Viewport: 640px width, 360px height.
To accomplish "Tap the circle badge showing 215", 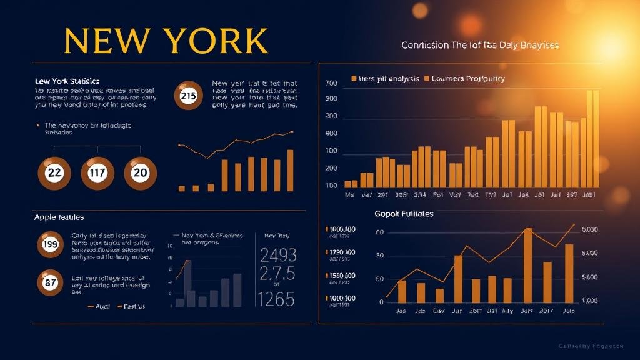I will point(188,96).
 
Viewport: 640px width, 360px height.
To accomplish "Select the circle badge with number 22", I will point(54,172).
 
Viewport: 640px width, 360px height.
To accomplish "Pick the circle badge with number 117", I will point(97,172).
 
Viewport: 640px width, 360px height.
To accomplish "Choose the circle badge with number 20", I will point(140,172).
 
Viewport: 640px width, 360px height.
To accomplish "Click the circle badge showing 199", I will point(50,245).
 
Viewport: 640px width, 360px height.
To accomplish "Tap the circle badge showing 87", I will point(50,282).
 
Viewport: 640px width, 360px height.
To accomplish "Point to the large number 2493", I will point(277,255).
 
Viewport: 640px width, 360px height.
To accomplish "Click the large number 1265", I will point(276,300).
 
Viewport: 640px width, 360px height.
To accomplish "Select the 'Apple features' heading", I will point(59,217).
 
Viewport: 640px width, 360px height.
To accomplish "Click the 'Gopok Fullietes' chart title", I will point(404,214).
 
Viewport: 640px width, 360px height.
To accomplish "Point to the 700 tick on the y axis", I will point(331,82).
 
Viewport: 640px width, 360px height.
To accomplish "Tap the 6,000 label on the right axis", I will point(589,229).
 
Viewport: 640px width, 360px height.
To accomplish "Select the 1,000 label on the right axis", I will point(589,301).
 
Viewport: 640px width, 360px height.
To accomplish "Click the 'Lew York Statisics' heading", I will point(67,81).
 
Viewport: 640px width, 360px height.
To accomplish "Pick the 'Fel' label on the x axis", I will point(439,194).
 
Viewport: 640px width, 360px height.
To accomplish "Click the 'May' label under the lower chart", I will point(507,311).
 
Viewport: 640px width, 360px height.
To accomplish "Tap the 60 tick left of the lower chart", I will point(379,232).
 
